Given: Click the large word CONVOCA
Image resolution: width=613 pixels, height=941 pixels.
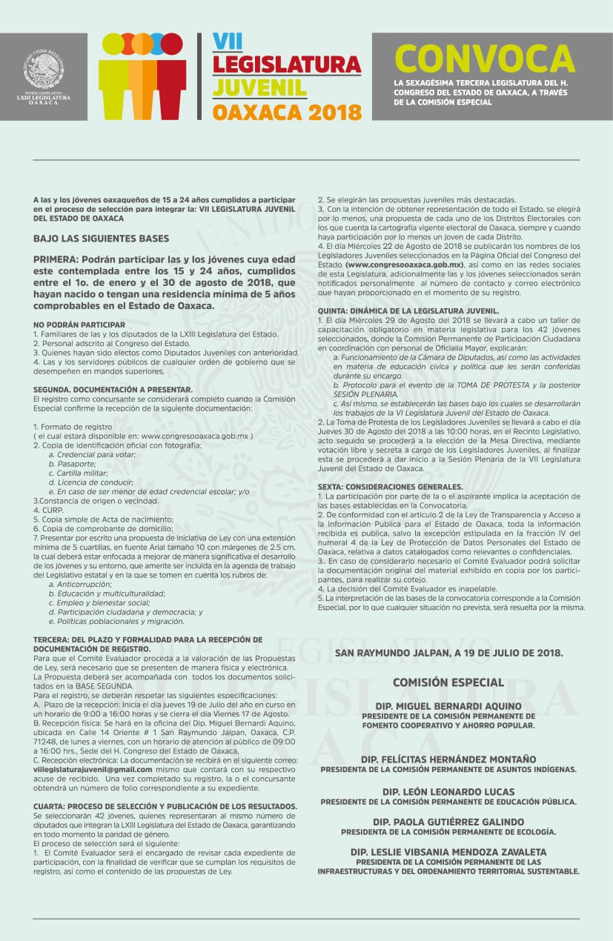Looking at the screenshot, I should point(485,59).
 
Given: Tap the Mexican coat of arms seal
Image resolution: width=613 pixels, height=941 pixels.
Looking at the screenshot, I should point(42,69).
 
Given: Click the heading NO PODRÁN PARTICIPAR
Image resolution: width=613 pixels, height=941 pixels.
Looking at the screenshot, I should point(79,325).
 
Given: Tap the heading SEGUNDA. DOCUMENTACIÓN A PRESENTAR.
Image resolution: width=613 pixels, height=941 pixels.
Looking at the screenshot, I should point(113,389).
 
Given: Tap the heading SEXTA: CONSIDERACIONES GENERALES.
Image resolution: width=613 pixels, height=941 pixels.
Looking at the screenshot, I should point(391,487).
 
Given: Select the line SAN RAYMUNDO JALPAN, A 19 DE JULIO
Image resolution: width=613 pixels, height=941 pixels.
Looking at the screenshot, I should point(448,653).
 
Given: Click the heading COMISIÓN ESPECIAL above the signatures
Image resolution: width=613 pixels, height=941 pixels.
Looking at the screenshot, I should point(448,682).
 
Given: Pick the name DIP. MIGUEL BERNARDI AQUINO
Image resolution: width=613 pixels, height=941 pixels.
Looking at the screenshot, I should point(448,706).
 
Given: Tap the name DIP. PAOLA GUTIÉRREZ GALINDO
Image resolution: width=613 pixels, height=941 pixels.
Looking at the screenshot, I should point(448,822).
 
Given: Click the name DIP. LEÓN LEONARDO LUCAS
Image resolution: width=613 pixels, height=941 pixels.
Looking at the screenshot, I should point(448,791).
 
